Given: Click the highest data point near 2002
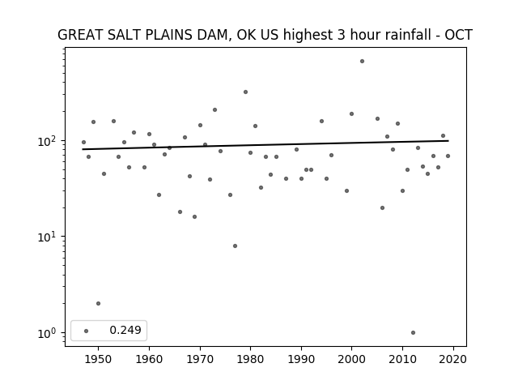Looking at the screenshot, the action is [x=362, y=62].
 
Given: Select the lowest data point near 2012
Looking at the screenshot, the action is [x=413, y=333].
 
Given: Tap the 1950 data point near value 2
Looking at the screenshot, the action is [x=98, y=304].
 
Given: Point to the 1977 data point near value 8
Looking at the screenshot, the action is [x=235, y=246].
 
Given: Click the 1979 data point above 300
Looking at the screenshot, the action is [x=245, y=92].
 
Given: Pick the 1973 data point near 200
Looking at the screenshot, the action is [x=214, y=110].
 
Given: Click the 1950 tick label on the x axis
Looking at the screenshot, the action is [x=98, y=359].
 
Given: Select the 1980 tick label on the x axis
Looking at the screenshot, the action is [x=250, y=359].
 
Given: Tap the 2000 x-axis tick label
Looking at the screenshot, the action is [x=351, y=359].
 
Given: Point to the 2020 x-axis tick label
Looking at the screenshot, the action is [x=453, y=359].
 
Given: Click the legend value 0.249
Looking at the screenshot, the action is [x=125, y=330].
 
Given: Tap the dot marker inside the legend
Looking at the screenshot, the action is [x=87, y=331].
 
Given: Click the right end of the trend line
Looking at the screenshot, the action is [x=448, y=141].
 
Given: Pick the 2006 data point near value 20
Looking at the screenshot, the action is [x=382, y=208].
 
